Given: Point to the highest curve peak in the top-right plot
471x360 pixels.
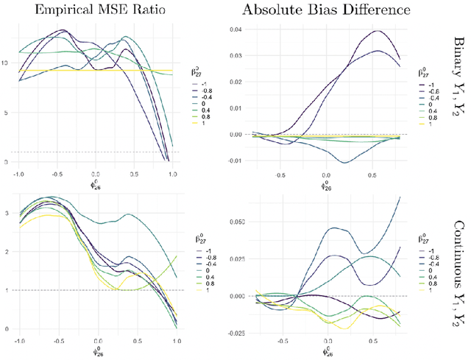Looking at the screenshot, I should pyautogui.click(x=378, y=31).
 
